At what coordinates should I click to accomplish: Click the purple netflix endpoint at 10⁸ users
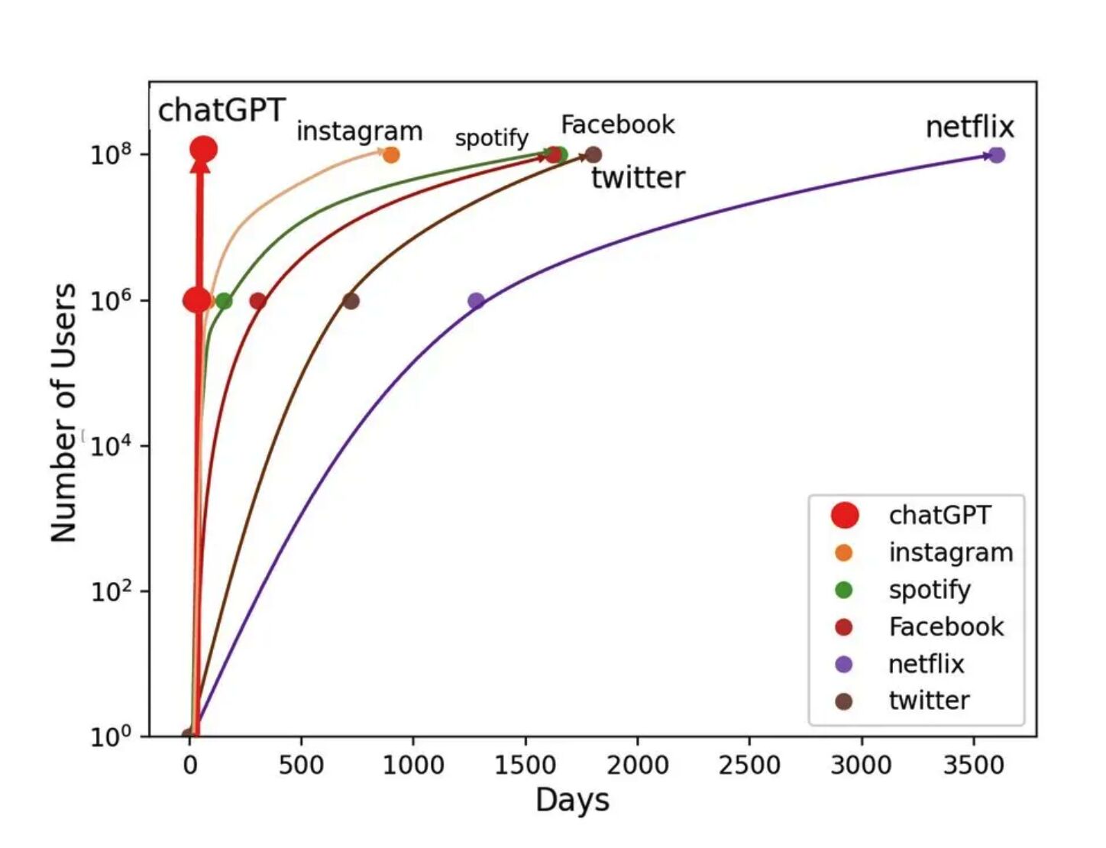tap(996, 155)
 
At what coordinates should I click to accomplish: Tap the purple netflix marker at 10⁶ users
tap(476, 301)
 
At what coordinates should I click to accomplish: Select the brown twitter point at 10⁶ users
tap(351, 301)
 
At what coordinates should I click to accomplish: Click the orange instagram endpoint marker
tap(391, 155)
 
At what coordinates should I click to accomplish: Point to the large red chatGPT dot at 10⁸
tap(203, 150)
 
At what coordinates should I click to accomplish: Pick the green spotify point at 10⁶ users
tap(224, 301)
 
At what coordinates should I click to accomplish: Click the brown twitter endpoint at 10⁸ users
tap(593, 155)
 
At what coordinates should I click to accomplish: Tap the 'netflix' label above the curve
tap(969, 127)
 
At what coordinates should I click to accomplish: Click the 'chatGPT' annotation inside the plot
tap(222, 110)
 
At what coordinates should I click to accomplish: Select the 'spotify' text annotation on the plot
tap(491, 138)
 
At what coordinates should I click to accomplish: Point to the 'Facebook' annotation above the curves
tap(617, 125)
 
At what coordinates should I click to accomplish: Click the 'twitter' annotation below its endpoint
tap(638, 178)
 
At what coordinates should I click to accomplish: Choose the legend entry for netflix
tap(926, 664)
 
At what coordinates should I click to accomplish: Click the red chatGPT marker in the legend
tap(844, 515)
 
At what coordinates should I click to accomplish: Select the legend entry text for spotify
tap(929, 590)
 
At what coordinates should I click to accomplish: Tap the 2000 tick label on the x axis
tap(637, 765)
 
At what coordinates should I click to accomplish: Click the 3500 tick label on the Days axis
tap(973, 765)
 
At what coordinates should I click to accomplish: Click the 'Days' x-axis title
tap(572, 801)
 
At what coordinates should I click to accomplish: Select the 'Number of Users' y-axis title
tap(64, 413)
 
